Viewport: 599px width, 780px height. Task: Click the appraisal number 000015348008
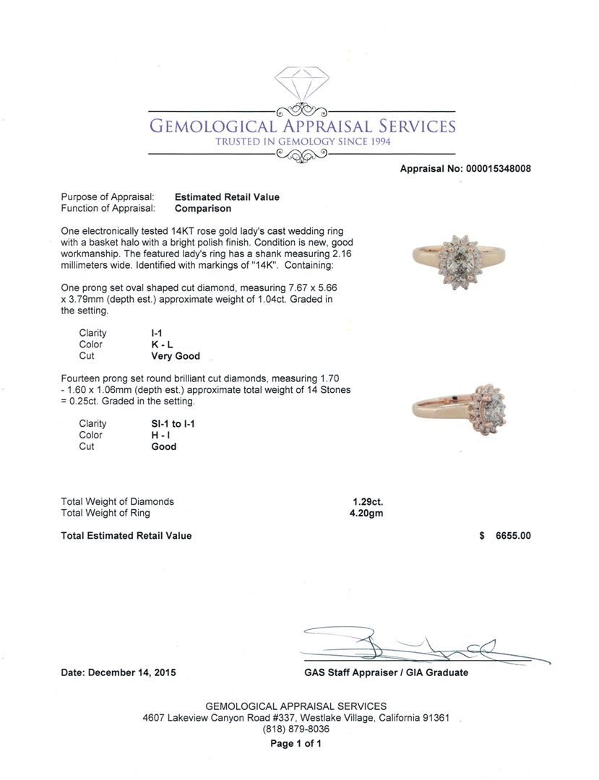click(498, 169)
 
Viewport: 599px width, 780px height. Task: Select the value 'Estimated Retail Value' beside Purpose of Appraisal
click(227, 197)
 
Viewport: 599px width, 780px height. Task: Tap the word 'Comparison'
click(203, 209)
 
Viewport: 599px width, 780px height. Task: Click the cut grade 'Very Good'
click(176, 356)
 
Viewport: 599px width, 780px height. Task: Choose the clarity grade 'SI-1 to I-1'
click(168, 424)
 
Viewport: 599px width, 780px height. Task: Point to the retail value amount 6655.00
click(513, 536)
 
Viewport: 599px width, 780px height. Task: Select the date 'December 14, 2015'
click(132, 672)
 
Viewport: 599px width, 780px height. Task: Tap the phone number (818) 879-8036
click(296, 729)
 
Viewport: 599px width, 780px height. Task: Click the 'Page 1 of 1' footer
click(296, 743)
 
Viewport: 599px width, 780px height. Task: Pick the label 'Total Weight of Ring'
click(105, 513)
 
